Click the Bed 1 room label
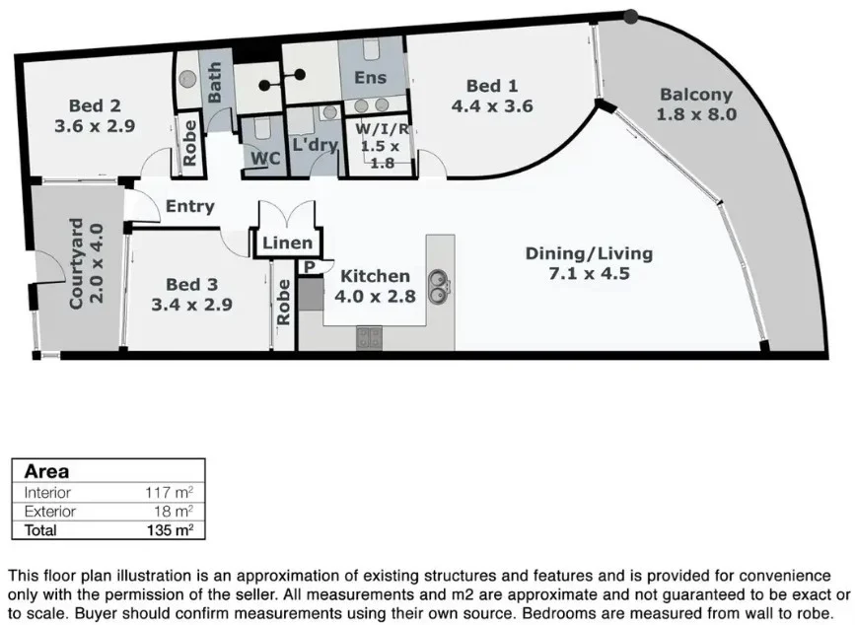tap(492, 86)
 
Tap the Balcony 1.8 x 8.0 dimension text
tap(696, 114)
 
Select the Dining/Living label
tap(589, 253)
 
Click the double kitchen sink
tap(439, 287)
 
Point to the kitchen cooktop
tap(369, 338)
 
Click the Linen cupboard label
tap(287, 243)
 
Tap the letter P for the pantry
tap(310, 267)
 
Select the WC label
tap(265, 158)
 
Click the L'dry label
tap(316, 145)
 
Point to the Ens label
tap(370, 77)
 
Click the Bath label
tap(215, 82)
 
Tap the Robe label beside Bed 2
tap(189, 143)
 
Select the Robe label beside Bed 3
tap(284, 303)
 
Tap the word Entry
tap(189, 206)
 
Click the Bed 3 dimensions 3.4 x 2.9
tap(192, 305)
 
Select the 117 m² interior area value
tap(169, 493)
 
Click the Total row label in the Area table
tap(40, 529)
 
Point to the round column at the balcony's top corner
tap(631, 17)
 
